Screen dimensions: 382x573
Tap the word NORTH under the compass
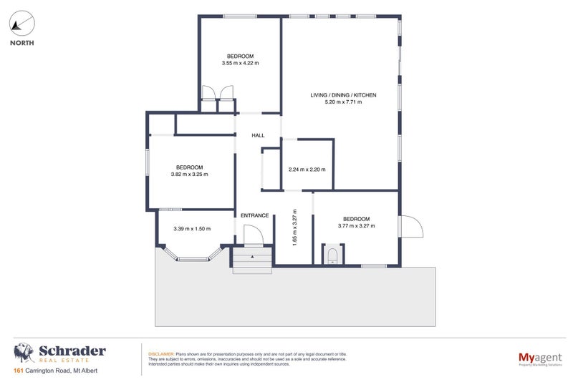click(x=21, y=42)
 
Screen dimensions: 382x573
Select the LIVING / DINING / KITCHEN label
click(x=343, y=95)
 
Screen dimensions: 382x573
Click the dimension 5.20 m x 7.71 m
click(x=343, y=102)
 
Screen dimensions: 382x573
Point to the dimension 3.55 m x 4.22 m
click(x=240, y=63)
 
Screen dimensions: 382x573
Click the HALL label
click(x=258, y=135)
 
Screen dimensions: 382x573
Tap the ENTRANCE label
click(x=254, y=215)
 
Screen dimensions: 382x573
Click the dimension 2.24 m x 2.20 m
click(x=307, y=170)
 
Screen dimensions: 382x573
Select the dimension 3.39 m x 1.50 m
click(x=193, y=229)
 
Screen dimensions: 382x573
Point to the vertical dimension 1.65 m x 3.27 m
click(x=294, y=227)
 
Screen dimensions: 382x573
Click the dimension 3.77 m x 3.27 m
click(x=356, y=226)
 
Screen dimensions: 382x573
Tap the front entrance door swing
click(x=253, y=235)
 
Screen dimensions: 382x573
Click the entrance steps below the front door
click(x=251, y=260)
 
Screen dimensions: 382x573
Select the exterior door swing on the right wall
click(x=410, y=227)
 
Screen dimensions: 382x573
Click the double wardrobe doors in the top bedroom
click(x=218, y=94)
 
